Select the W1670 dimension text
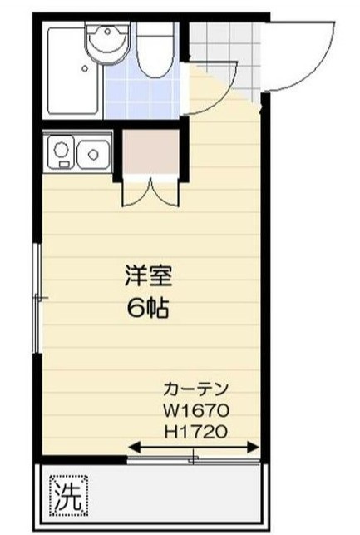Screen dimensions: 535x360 pos(195,410)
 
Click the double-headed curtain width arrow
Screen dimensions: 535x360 pos(194,450)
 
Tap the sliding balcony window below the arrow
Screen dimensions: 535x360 pos(194,459)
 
